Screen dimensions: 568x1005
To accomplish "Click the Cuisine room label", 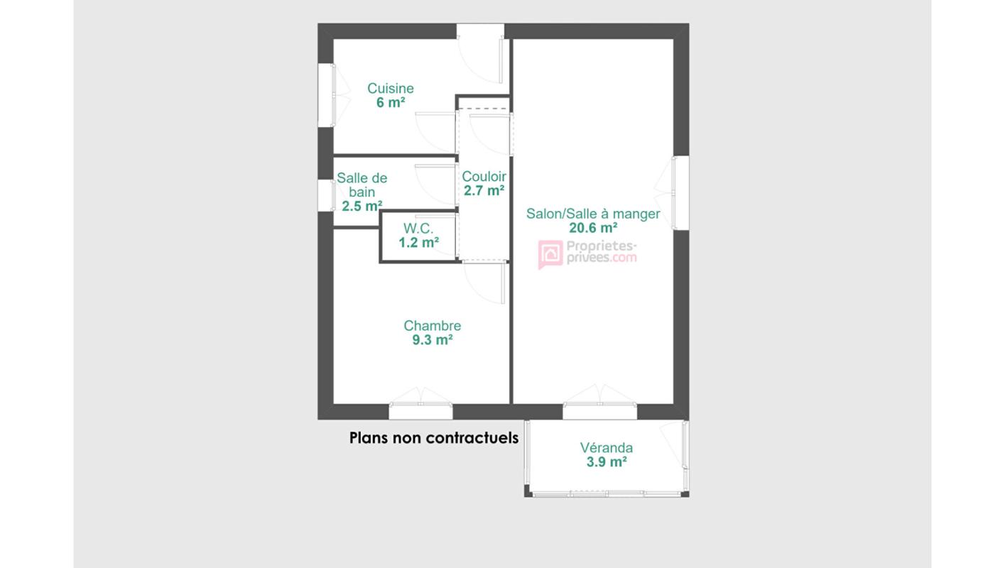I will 390,89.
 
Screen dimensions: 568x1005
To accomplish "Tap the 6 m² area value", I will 390,102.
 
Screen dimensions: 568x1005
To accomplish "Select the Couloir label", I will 484,176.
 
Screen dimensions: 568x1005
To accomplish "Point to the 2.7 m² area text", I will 484,190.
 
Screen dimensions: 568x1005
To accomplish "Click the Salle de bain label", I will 362,185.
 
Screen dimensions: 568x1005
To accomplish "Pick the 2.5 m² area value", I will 362,206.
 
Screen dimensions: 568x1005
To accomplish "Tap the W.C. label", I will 418,229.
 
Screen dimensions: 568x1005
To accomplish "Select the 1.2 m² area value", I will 418,243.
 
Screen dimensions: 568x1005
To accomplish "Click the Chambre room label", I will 432,326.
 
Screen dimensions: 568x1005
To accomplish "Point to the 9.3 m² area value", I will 432,340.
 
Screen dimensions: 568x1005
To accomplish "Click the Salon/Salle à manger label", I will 593,214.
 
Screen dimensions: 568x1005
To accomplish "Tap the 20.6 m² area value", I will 593,228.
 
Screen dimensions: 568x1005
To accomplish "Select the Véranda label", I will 606,448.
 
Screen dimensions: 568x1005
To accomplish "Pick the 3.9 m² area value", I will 606,462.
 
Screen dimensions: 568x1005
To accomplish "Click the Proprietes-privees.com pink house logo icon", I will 550,253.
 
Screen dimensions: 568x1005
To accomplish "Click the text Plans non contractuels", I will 433,437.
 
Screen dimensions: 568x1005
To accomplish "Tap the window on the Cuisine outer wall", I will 326,96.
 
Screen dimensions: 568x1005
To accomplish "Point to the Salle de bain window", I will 326,195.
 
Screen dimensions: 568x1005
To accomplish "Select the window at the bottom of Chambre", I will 420,411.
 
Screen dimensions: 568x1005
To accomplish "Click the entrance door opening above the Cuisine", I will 480,32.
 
